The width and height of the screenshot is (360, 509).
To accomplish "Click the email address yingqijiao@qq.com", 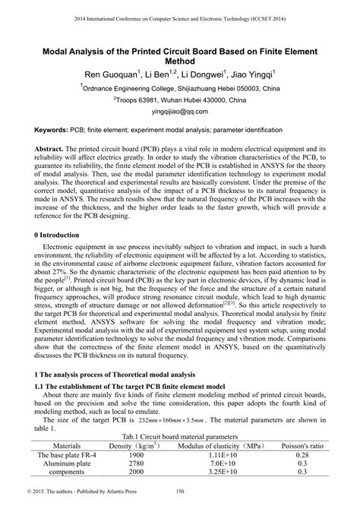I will [179, 110].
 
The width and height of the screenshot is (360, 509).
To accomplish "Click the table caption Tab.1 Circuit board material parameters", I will [180, 438].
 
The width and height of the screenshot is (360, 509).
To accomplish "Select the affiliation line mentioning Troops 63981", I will [179, 99].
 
